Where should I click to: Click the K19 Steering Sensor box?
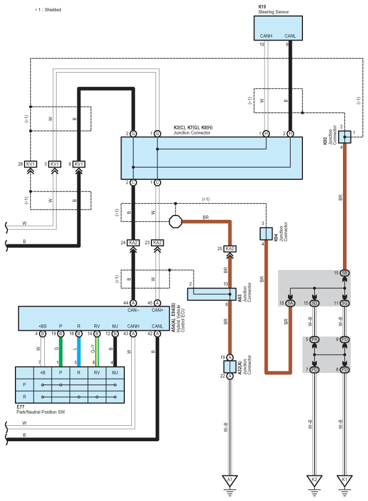pos(278,28)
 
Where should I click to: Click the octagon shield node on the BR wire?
pos(175,221)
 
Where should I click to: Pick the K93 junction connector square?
pos(345,137)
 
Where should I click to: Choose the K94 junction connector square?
pos(266,234)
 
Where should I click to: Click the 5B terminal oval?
pos(345,273)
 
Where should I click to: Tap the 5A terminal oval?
pos(290,303)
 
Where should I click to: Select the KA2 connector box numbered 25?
pos(230,249)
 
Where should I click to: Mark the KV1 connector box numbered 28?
pos(31,164)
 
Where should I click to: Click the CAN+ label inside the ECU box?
pos(157,310)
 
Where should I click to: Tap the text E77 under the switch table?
pos(20,407)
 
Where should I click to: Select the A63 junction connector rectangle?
pos(212,295)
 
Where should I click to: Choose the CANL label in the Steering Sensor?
pos(290,36)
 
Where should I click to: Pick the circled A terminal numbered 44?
pos(133,303)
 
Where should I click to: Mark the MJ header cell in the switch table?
pos(115,372)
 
